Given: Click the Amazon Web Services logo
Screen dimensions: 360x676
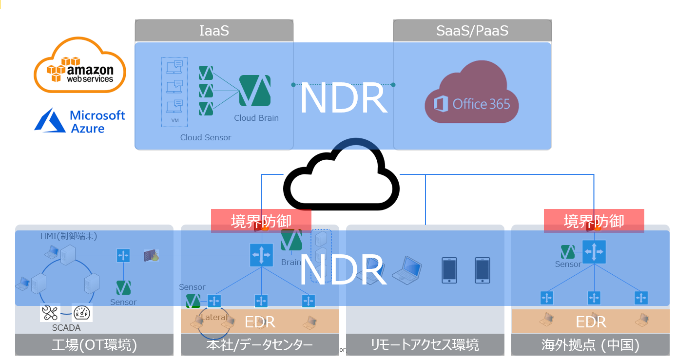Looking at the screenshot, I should pyautogui.click(x=80, y=65).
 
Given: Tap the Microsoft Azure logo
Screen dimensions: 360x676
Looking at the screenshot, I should pyautogui.click(x=80, y=121).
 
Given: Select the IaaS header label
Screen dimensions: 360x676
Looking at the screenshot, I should pyautogui.click(x=214, y=31).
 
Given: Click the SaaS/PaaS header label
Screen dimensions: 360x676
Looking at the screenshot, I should pyautogui.click(x=472, y=31).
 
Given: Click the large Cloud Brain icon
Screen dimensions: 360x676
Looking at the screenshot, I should pyautogui.click(x=254, y=91).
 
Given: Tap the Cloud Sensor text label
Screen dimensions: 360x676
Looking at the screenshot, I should pyautogui.click(x=206, y=137).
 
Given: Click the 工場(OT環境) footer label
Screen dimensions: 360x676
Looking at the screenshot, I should pyautogui.click(x=95, y=345).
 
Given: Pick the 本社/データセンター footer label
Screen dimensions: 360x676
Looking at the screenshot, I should pyautogui.click(x=259, y=345).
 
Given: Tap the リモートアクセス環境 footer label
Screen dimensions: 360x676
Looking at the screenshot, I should pyautogui.click(x=425, y=345).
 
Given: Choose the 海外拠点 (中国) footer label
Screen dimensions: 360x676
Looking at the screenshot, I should pyautogui.click(x=590, y=345).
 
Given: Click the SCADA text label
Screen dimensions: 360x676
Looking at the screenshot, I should pyautogui.click(x=66, y=328).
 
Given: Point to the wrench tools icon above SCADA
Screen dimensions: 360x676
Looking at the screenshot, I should pyautogui.click(x=50, y=313).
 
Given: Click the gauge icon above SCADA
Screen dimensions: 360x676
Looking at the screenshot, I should pyautogui.click(x=82, y=313).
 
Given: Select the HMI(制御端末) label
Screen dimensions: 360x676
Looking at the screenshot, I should pyautogui.click(x=69, y=236).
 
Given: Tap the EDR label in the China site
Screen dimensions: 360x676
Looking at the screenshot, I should pyautogui.click(x=591, y=322).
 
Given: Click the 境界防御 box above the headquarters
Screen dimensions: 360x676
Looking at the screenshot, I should pyautogui.click(x=261, y=221).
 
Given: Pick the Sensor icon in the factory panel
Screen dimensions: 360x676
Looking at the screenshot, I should pyautogui.click(x=123, y=287).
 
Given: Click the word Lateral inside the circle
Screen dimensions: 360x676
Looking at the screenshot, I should pyautogui.click(x=214, y=318).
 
